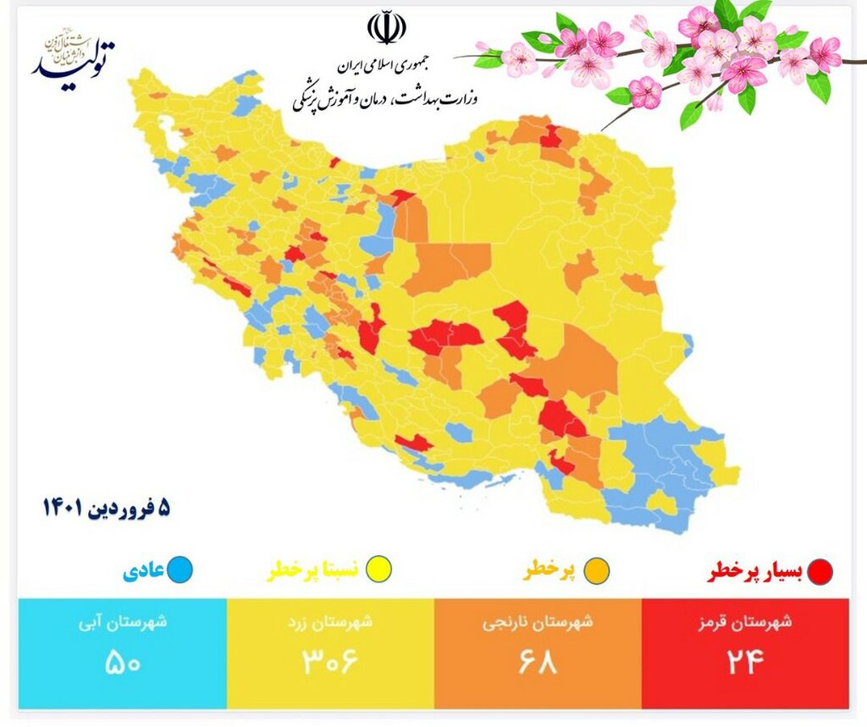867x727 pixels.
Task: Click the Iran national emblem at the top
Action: (385, 28)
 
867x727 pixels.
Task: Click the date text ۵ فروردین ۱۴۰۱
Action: (106, 508)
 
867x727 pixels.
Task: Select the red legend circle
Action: (819, 572)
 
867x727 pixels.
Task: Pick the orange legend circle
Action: (597, 570)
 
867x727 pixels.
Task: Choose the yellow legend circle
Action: (379, 570)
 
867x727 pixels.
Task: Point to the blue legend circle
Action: (179, 570)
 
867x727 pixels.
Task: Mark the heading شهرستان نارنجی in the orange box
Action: (538, 623)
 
